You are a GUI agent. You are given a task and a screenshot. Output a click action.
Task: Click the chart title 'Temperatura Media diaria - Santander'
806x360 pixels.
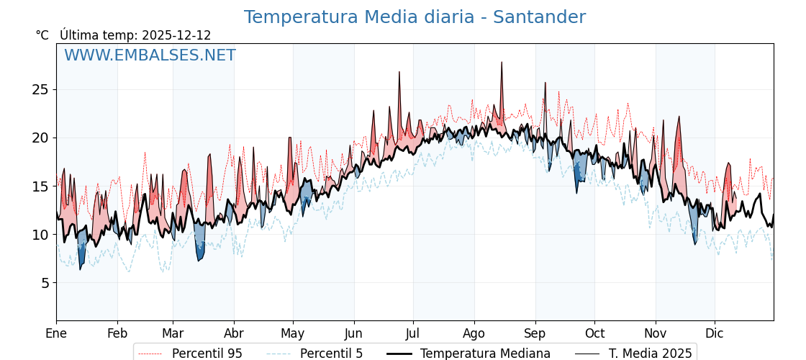[415, 17]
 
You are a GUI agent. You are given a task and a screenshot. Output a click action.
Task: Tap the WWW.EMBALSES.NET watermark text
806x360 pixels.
[150, 55]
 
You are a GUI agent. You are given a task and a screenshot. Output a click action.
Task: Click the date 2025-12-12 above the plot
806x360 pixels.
[176, 35]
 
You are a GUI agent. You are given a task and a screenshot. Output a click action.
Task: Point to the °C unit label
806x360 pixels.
[42, 35]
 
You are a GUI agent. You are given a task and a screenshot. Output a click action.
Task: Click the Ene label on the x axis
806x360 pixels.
[56, 333]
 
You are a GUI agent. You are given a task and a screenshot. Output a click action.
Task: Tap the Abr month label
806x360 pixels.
[234, 333]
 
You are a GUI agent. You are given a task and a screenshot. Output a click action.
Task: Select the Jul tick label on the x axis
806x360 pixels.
[413, 333]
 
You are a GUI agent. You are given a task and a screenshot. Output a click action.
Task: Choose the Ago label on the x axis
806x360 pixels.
[474, 333]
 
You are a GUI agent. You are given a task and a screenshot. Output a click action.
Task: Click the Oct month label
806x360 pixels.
[594, 333]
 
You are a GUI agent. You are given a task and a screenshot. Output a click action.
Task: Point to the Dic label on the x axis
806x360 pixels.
[715, 333]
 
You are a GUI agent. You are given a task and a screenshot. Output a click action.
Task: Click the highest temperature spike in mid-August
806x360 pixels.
[502, 63]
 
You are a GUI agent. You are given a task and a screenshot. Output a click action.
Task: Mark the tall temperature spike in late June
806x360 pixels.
[399, 72]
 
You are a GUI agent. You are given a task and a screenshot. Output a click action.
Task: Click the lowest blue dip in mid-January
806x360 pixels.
[80, 269]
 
